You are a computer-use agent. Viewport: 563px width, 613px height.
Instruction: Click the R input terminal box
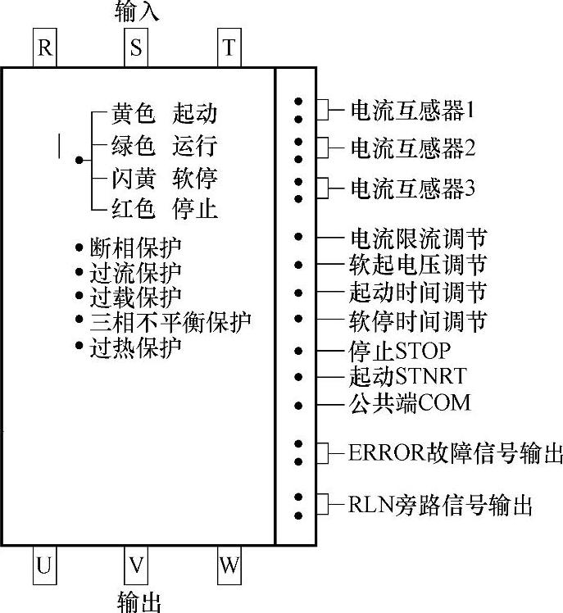[44, 48]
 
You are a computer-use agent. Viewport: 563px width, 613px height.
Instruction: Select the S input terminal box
[136, 48]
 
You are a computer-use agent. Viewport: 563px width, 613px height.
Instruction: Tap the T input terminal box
[229, 48]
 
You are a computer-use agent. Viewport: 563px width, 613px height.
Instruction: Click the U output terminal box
[44, 565]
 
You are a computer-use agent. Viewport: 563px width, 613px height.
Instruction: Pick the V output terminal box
[136, 565]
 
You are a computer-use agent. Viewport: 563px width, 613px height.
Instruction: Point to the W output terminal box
[229, 565]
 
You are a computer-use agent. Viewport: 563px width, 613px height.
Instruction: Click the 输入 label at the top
[135, 12]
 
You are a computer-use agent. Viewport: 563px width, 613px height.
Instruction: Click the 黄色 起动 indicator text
[164, 114]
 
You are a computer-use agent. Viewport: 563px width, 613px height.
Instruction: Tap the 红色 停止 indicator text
[164, 210]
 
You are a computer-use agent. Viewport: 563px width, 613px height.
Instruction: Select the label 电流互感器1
[412, 109]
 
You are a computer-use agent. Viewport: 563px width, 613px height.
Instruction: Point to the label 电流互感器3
[412, 189]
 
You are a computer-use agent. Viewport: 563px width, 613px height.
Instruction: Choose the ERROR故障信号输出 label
[456, 452]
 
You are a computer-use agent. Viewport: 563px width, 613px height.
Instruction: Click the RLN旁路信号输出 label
[441, 505]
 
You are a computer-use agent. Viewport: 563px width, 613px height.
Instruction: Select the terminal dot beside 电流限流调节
[299, 238]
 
